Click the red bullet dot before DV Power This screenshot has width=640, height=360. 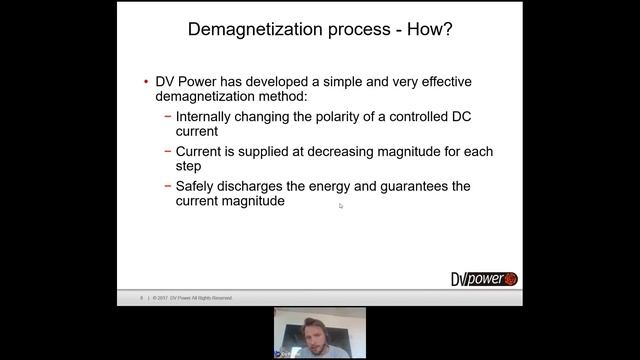point(146,81)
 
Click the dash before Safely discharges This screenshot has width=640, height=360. point(168,187)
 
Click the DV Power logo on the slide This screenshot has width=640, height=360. point(484,279)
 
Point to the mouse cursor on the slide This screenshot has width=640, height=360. point(340,206)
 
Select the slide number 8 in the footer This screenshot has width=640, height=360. point(142,298)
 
